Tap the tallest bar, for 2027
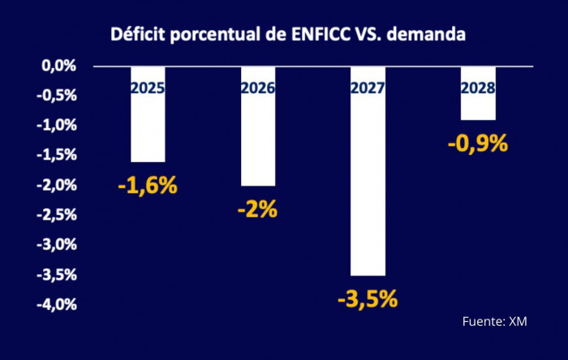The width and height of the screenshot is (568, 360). coord(368,186)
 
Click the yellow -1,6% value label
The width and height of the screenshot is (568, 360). coord(147,185)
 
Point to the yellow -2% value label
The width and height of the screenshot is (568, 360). coord(257,209)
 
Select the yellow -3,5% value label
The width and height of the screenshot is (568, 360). coord(368,299)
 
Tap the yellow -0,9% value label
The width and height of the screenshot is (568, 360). coord(477,144)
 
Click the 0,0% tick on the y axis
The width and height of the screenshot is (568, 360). coord(59,66)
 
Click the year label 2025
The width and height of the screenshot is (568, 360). coord(148,88)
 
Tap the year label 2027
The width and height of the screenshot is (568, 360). coord(368,88)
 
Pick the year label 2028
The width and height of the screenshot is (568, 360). coord(478,88)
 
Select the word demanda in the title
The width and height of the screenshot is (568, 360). coord(433,35)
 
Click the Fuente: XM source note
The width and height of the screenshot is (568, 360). coord(494,322)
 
